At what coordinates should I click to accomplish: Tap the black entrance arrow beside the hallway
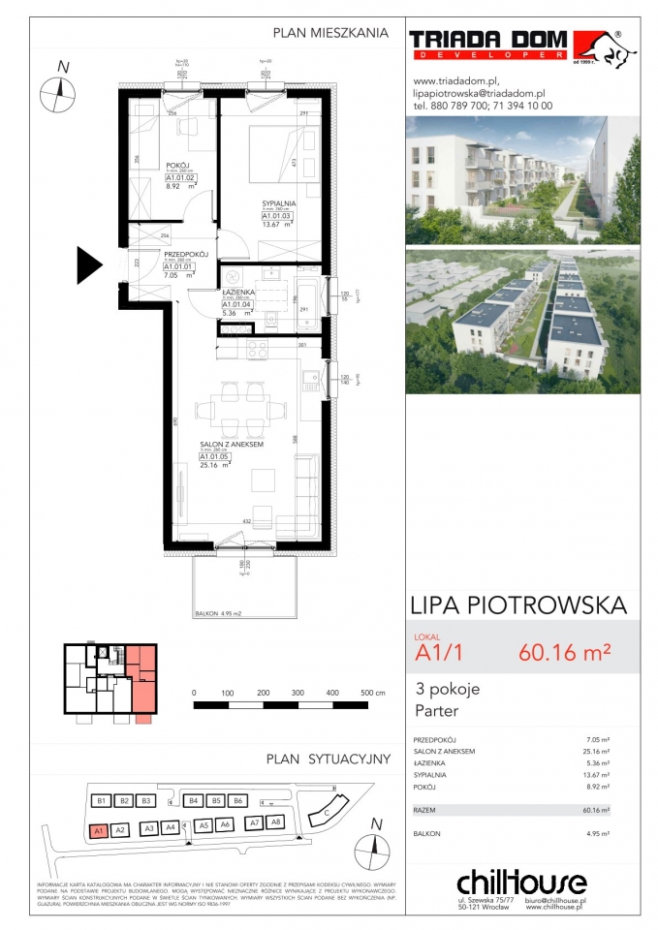(x=89, y=263)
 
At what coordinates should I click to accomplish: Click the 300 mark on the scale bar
(x=298, y=694)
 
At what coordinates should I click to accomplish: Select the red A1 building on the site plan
(x=98, y=830)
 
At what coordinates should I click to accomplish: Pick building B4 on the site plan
(x=193, y=801)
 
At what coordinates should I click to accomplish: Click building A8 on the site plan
(x=276, y=822)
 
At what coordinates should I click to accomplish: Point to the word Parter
(x=437, y=711)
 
